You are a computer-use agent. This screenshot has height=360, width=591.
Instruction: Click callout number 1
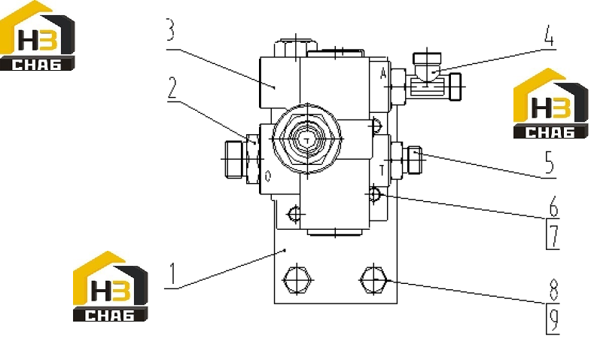pyautogui.click(x=172, y=273)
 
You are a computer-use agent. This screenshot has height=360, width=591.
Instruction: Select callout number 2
pyautogui.click(x=172, y=88)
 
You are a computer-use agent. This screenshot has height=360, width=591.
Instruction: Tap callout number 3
pyautogui.click(x=170, y=30)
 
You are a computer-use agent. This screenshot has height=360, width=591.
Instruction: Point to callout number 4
pyautogui.click(x=549, y=36)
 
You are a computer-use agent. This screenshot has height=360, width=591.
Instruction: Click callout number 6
pyautogui.click(x=553, y=206)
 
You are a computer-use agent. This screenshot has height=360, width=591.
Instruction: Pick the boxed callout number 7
pyautogui.click(x=553, y=234)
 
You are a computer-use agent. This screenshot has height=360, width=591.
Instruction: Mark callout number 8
pyautogui.click(x=553, y=290)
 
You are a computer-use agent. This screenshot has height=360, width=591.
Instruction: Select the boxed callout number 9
pyautogui.click(x=553, y=319)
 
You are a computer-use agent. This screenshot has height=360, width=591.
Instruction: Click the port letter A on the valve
pyautogui.click(x=383, y=74)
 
